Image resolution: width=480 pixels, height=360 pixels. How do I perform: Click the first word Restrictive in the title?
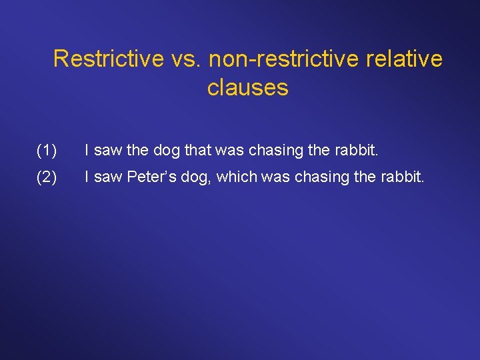pos(107,59)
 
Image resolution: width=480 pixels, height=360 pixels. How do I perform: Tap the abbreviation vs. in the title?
pos(185,59)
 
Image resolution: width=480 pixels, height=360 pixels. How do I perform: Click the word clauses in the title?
pos(247,87)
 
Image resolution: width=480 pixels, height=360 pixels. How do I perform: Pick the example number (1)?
pos(47,151)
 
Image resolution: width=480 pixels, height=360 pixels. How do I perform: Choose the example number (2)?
pos(47,178)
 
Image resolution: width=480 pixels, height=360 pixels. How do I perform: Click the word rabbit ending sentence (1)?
pos(359,151)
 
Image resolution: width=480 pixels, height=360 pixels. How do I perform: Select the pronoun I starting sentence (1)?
pos(87,151)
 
